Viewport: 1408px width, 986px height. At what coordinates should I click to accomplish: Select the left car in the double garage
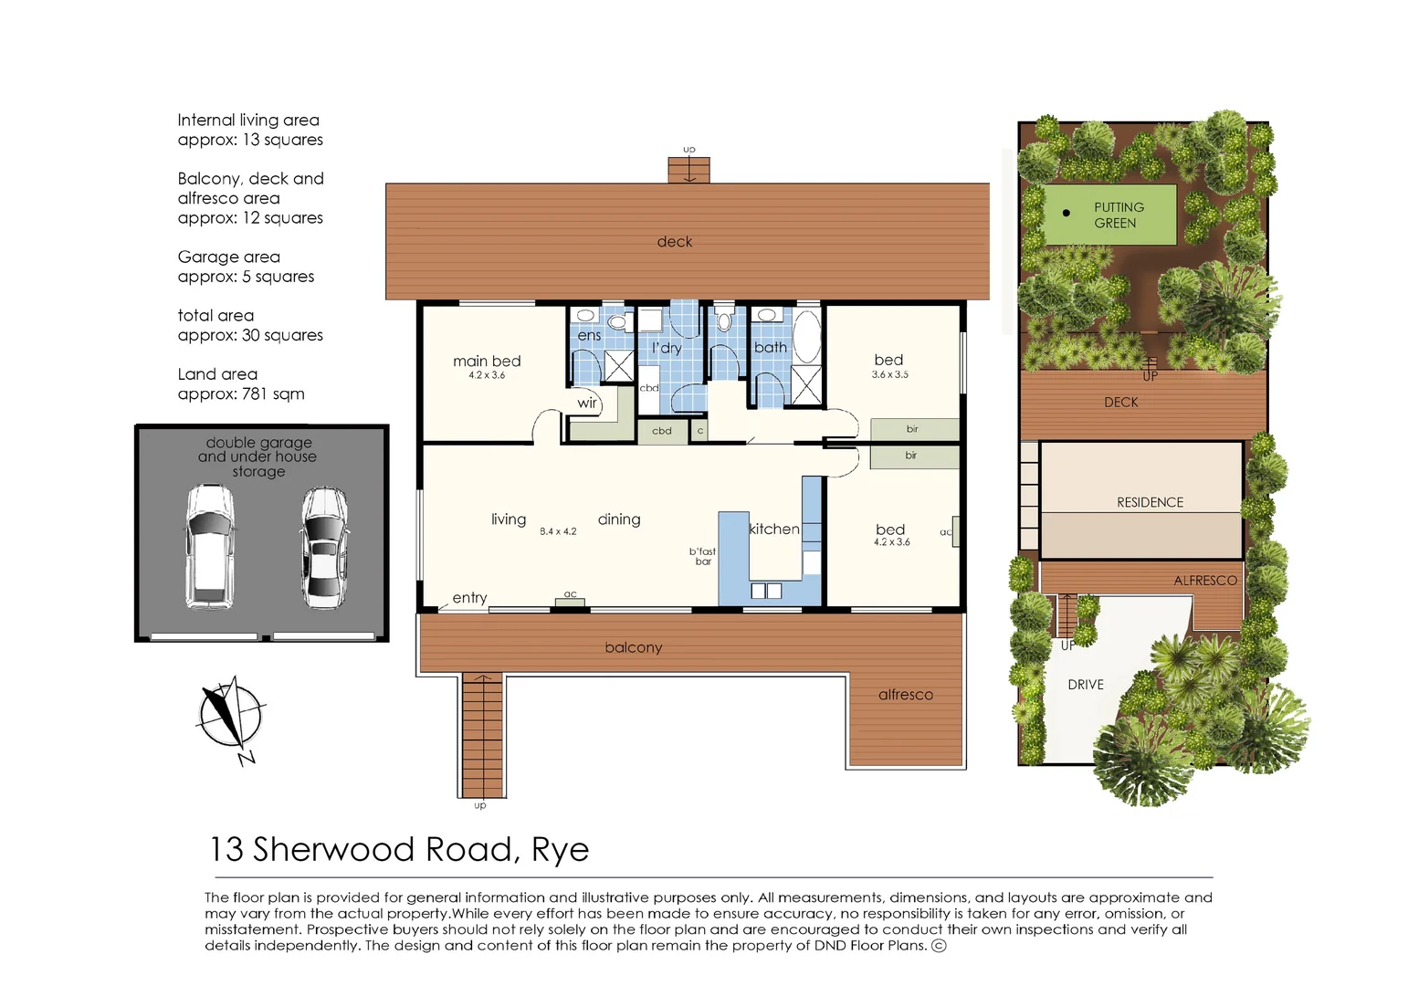[x=209, y=546]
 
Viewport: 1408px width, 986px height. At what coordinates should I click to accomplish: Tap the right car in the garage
[x=323, y=547]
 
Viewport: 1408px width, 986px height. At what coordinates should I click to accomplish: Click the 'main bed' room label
[x=487, y=362]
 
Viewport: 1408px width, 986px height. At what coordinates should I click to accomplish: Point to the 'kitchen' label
[x=773, y=530]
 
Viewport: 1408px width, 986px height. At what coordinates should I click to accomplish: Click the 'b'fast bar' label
[x=702, y=556]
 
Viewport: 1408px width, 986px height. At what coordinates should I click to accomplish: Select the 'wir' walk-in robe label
[x=587, y=403]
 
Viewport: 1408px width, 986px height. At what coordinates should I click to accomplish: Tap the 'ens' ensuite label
[x=589, y=335]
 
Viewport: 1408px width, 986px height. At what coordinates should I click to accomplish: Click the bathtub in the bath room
[x=806, y=336]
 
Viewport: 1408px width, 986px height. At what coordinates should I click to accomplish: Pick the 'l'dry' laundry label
[x=667, y=348]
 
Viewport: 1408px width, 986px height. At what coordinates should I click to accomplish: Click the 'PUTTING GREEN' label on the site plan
[x=1118, y=215]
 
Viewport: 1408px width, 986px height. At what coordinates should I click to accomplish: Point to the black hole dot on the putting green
[x=1066, y=213]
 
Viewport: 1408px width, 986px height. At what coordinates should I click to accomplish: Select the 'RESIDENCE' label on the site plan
[x=1150, y=502]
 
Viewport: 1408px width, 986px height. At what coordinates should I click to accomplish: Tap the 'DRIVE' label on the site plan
[x=1086, y=685]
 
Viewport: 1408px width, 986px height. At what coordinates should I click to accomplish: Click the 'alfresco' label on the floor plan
[x=906, y=695]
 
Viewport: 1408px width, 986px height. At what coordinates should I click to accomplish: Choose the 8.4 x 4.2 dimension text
[x=558, y=531]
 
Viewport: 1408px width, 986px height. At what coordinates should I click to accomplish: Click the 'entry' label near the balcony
[x=469, y=598]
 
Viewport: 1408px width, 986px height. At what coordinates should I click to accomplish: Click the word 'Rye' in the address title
[x=560, y=850]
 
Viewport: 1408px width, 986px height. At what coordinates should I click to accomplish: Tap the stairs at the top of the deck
[x=688, y=170]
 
